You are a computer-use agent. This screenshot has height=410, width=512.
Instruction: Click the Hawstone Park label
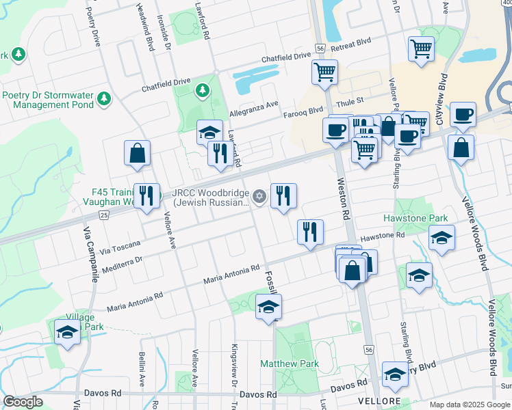point(424,218)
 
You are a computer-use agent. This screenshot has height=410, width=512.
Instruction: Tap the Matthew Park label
point(290,364)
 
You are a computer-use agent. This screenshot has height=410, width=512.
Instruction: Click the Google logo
point(23,402)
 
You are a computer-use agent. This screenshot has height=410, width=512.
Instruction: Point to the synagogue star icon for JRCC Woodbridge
point(259,197)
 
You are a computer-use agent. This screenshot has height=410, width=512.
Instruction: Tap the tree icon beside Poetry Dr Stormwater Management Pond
point(104,99)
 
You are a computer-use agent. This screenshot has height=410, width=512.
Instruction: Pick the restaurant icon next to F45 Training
point(146,197)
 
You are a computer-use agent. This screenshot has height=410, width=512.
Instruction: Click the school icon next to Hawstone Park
point(441,238)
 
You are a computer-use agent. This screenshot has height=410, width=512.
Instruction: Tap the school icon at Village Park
point(67,333)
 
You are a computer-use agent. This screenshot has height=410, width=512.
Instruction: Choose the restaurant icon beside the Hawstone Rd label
point(310,232)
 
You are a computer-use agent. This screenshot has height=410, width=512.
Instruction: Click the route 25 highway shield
point(103,215)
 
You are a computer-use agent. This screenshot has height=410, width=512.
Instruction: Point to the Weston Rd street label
point(343,199)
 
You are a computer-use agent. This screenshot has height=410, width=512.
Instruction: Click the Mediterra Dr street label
point(122,265)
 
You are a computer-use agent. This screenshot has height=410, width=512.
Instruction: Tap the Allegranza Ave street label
point(254,104)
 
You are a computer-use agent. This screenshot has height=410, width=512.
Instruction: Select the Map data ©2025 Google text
point(469,405)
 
